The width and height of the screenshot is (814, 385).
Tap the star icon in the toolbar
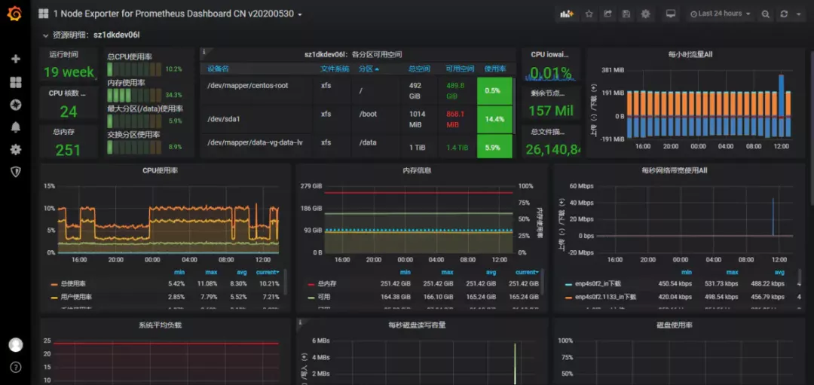[589, 14]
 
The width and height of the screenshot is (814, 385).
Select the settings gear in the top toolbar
[645, 14]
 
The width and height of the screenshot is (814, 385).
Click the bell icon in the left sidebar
[15, 127]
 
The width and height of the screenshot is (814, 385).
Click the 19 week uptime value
[69, 72]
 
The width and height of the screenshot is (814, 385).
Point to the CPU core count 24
[68, 112]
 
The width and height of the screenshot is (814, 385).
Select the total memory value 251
[68, 150]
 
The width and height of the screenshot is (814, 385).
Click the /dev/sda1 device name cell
[224, 119]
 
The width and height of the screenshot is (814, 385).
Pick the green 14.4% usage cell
[494, 119]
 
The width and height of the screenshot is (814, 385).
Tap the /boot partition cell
[369, 115]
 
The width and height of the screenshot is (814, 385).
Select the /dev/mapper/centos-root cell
[248, 86]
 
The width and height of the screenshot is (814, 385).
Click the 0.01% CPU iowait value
[550, 73]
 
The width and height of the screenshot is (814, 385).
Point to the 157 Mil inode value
[550, 112]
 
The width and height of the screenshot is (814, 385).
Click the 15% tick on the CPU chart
[49, 186]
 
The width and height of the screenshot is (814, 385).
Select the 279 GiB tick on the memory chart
[312, 186]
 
